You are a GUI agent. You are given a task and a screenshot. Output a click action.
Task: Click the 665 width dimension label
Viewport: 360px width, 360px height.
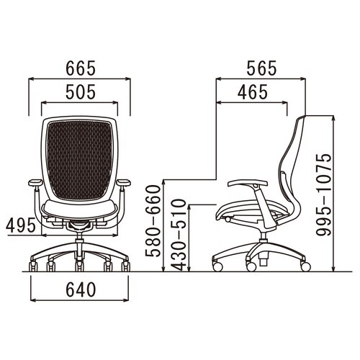tap(81, 68)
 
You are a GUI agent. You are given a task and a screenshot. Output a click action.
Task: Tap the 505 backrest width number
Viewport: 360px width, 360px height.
tap(81, 92)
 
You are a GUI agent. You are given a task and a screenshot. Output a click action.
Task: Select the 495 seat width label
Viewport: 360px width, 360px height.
tap(21, 226)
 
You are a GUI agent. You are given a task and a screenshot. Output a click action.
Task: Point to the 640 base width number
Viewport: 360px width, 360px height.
tap(81, 289)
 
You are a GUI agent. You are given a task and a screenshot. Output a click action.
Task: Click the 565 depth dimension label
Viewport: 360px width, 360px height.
tap(261, 68)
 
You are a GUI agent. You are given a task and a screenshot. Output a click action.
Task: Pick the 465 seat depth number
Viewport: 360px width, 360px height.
tap(253, 92)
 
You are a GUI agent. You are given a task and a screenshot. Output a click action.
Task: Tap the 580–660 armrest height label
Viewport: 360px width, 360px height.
tap(153, 221)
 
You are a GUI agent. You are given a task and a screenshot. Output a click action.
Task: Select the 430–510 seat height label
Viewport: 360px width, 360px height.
tap(179, 235)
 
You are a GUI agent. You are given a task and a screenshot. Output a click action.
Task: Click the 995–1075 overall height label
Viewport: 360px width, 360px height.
tap(323, 194)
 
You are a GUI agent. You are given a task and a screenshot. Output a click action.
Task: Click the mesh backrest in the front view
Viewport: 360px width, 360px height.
tap(80, 161)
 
